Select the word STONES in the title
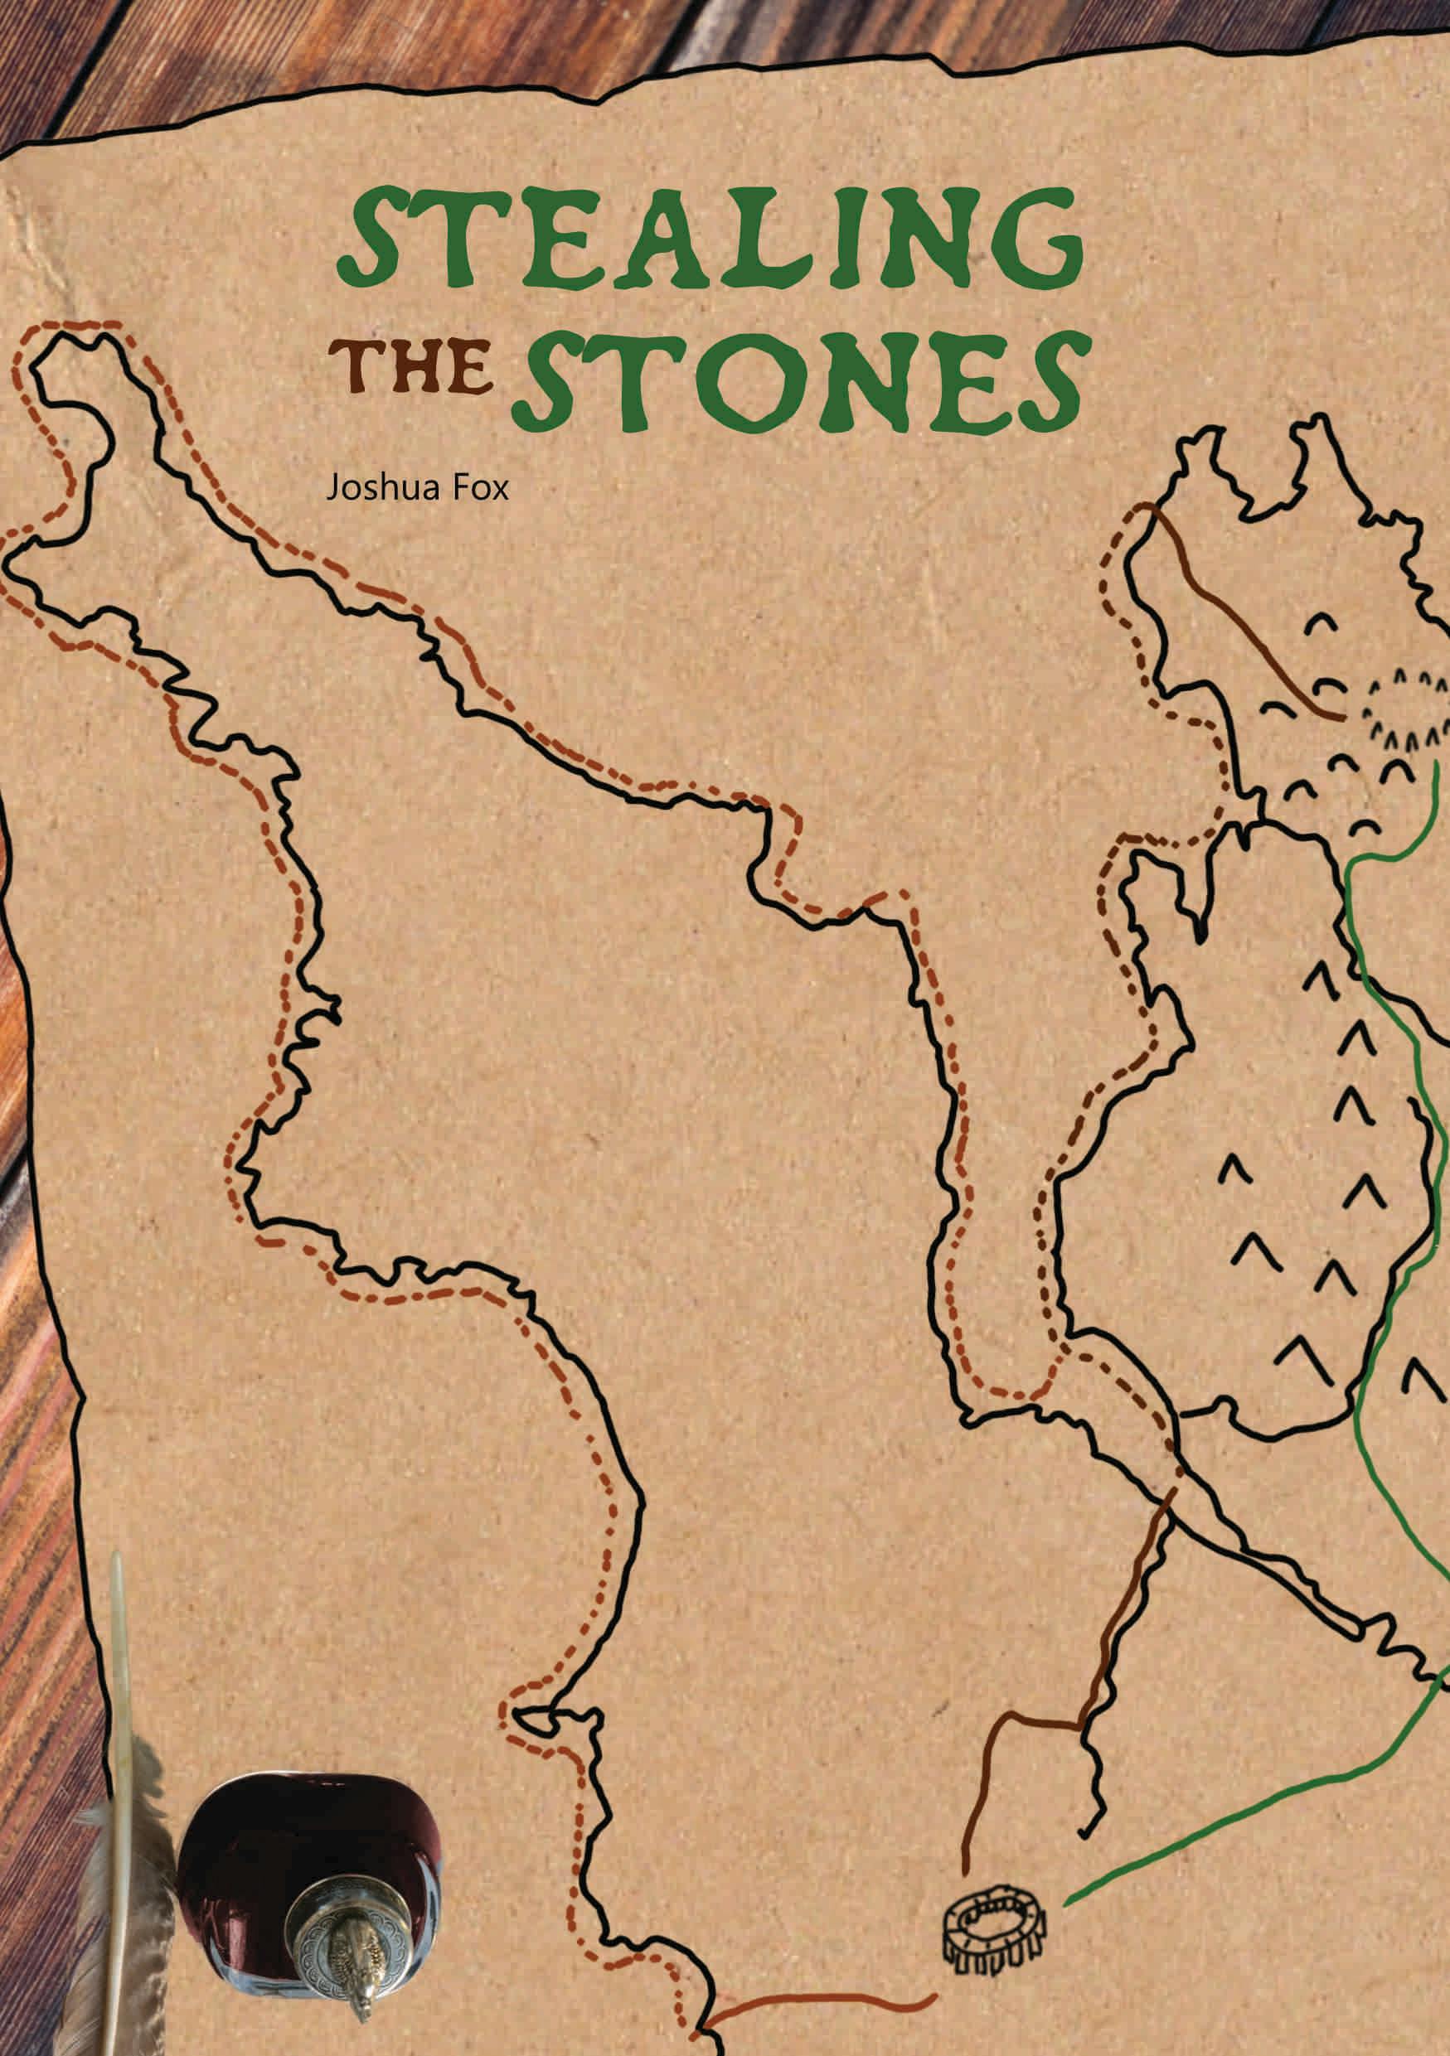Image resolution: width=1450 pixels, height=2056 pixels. coord(800,380)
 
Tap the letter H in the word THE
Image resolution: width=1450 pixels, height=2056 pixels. coord(413,369)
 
